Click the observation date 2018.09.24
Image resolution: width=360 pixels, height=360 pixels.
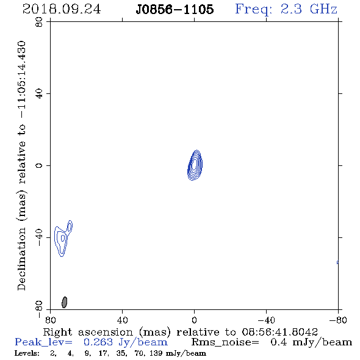coord(62,9)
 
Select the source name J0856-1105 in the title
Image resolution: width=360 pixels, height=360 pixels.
coord(175,9)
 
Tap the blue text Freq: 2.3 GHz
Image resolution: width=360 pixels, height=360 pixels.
coord(286,9)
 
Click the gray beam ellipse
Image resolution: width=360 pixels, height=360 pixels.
coord(65,302)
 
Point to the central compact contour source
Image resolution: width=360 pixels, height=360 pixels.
coord(195,165)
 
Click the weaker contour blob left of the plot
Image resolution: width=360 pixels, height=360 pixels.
coord(63,239)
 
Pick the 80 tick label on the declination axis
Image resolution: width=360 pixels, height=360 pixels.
coord(39,22)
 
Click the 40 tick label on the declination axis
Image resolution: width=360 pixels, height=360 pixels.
coord(39,94)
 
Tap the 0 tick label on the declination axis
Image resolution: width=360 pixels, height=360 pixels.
coord(39,165)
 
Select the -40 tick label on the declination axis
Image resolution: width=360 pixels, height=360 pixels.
coord(39,237)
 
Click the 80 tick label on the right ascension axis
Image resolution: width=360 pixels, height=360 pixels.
coord(50,320)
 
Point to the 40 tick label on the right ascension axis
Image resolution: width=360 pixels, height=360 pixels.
coord(122,320)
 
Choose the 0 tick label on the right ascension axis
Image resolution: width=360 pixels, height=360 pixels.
coord(194,320)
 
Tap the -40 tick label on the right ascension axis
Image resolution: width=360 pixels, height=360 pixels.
coord(266,320)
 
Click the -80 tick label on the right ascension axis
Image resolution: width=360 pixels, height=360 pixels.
coord(338,320)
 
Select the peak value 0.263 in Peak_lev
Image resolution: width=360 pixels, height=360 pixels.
coord(98,342)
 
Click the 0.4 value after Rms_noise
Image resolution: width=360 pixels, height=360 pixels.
coord(278,342)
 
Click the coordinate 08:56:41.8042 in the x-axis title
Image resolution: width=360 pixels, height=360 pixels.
coord(279,332)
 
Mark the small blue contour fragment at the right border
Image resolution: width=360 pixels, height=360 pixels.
coord(337,262)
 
